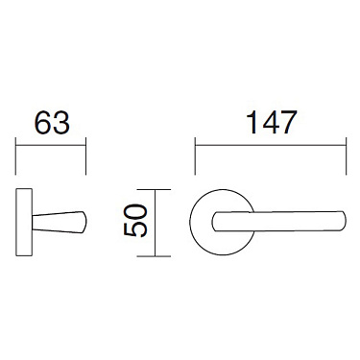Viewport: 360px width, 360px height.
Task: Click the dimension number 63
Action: [52, 125]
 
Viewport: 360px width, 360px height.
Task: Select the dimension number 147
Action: [269, 123]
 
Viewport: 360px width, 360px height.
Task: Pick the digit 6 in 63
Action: [42, 125]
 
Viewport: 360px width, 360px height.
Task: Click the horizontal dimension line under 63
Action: [52, 146]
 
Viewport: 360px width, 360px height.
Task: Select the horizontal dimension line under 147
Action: [269, 146]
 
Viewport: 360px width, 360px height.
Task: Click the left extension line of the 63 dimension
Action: [17, 157]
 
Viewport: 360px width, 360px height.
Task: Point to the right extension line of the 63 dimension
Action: [86, 157]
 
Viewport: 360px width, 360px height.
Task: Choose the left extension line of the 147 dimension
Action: [195, 157]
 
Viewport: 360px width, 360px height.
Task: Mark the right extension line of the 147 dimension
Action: [344, 157]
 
